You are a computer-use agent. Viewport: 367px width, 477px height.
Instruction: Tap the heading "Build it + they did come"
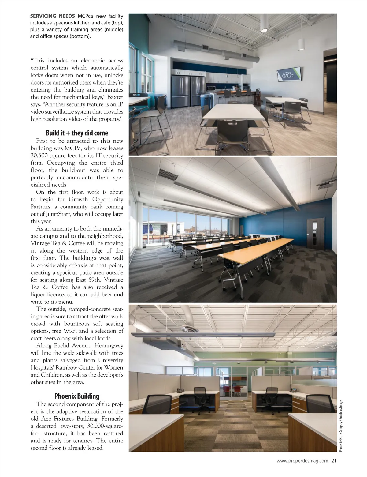click(x=77, y=133)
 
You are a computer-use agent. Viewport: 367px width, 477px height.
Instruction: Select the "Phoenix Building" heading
click(x=77, y=396)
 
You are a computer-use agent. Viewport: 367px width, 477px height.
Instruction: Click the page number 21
click(x=334, y=469)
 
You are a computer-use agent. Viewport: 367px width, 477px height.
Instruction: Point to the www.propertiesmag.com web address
click(x=302, y=469)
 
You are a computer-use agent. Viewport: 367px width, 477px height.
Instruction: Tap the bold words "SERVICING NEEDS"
click(x=52, y=16)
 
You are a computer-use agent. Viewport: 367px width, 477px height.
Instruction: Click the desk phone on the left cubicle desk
click(x=180, y=390)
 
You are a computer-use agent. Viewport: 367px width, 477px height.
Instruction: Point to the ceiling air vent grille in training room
click(x=168, y=174)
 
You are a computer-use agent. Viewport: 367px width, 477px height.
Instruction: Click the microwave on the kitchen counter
click(x=210, y=88)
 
